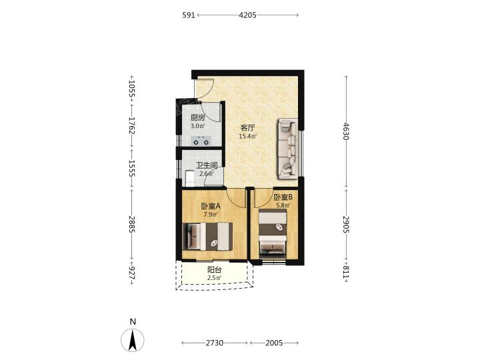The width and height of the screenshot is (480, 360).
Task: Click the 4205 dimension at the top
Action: pos(247,15)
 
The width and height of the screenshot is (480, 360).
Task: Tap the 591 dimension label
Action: pos(189,15)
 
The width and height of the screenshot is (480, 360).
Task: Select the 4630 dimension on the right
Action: pos(346,131)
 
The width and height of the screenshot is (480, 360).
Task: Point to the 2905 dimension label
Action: pos(346,225)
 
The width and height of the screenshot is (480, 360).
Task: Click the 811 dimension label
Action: pos(346,272)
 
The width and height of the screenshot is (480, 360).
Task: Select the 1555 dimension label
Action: pos(132,168)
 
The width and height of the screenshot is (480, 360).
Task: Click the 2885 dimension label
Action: pos(132,224)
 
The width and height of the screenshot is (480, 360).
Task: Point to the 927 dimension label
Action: pos(132,273)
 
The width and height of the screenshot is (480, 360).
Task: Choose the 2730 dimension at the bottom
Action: pos(214,343)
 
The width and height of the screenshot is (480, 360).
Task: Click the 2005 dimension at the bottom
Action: pos(274,343)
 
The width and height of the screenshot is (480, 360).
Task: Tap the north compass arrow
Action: pos(133,340)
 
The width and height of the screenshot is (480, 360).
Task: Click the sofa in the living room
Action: pos(288,149)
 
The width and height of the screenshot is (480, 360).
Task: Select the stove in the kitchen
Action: pos(201,141)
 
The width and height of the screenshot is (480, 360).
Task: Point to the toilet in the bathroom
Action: pos(190,179)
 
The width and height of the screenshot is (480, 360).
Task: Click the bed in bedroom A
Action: pos(207,237)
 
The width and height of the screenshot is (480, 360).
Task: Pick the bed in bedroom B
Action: pos(273,232)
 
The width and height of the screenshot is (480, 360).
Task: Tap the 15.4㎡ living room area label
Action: pos(247,137)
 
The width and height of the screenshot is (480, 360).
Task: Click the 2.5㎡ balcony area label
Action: pos(214,278)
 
